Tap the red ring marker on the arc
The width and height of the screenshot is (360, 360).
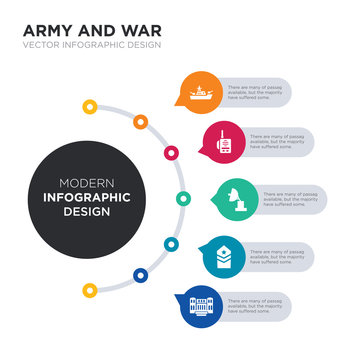[x=172, y=153]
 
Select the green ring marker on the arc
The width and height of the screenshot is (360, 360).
[x=183, y=198]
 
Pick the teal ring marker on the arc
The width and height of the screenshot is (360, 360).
[x=172, y=244]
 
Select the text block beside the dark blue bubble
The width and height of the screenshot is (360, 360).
[x=258, y=305]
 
